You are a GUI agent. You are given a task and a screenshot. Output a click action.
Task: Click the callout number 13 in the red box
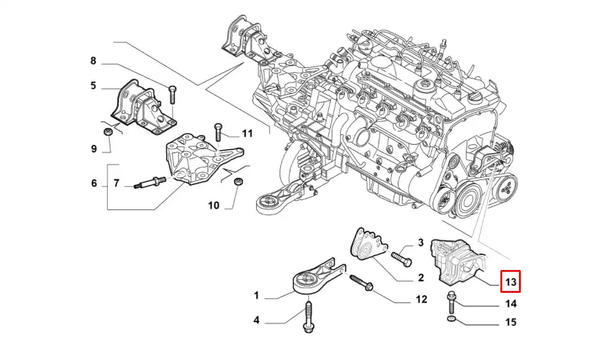pyautogui.click(x=511, y=281)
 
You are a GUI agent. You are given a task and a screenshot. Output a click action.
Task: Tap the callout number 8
pyautogui.click(x=93, y=61)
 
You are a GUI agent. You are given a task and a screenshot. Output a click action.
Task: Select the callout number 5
pyautogui.click(x=93, y=86)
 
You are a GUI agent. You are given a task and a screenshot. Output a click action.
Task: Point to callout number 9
pyautogui.click(x=94, y=149)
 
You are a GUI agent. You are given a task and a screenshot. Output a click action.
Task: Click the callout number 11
pyautogui.click(x=248, y=133)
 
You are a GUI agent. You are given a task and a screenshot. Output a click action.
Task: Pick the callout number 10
pyautogui.click(x=214, y=206)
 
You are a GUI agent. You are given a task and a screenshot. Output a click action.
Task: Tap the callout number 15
pyautogui.click(x=511, y=322)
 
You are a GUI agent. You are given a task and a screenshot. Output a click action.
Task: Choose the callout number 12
pyautogui.click(x=421, y=298)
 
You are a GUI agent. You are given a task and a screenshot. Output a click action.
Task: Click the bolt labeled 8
pyautogui.click(x=173, y=93)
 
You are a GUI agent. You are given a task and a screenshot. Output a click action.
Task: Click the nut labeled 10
pyautogui.click(x=238, y=181)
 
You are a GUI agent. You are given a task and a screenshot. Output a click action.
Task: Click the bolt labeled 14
pyautogui.click(x=451, y=302)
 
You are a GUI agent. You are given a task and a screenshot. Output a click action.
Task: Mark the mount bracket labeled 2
pyautogui.click(x=367, y=246)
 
